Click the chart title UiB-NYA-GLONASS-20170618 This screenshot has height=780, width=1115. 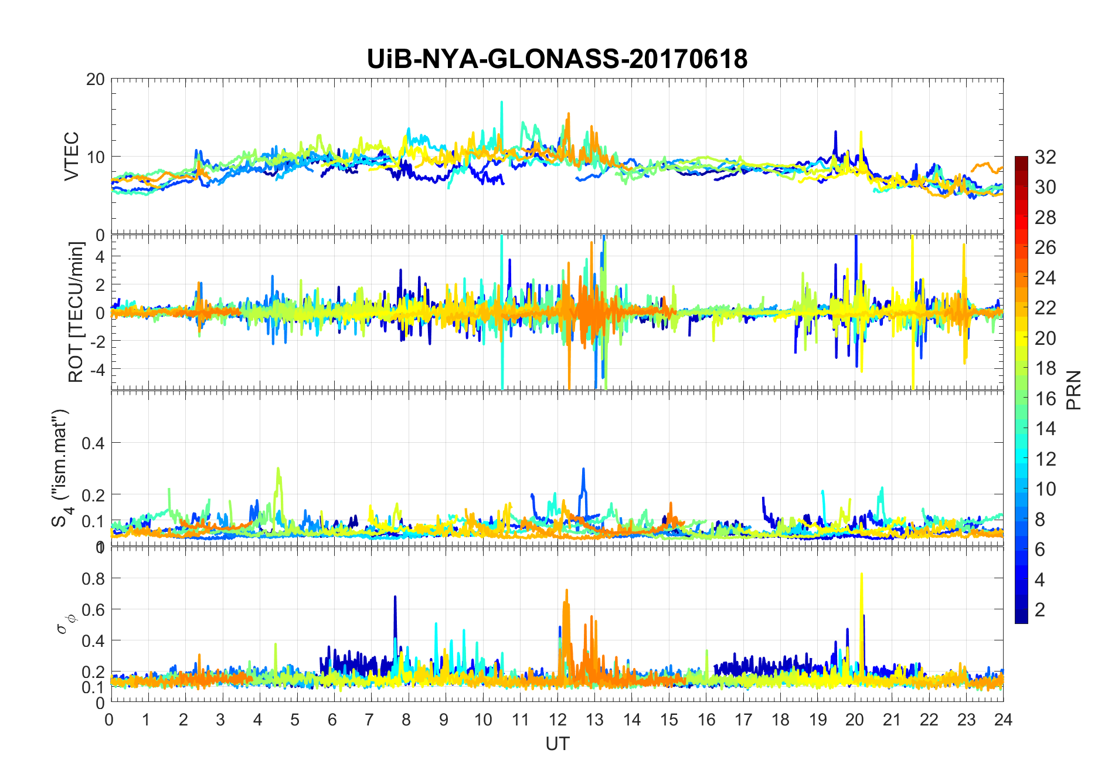click(557, 59)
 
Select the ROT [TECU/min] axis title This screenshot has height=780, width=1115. click(76, 312)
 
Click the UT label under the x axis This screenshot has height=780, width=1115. click(557, 744)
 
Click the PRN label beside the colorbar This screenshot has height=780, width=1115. click(1073, 390)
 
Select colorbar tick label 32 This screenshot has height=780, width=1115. click(1045, 157)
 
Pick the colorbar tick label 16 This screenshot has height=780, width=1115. click(1045, 398)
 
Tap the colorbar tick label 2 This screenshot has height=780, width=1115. click(1040, 610)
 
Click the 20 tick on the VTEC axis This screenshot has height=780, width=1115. click(95, 79)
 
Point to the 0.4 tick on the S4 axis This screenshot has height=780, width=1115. click(93, 443)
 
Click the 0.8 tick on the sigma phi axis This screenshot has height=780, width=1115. click(93, 578)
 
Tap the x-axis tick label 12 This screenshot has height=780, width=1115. click(557, 720)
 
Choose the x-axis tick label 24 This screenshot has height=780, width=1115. click(1003, 720)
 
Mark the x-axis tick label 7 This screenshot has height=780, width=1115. click(369, 720)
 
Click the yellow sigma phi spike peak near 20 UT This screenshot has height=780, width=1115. click(861, 574)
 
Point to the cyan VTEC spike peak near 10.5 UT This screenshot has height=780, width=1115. click(502, 102)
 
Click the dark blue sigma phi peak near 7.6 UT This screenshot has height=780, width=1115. click(395, 597)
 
